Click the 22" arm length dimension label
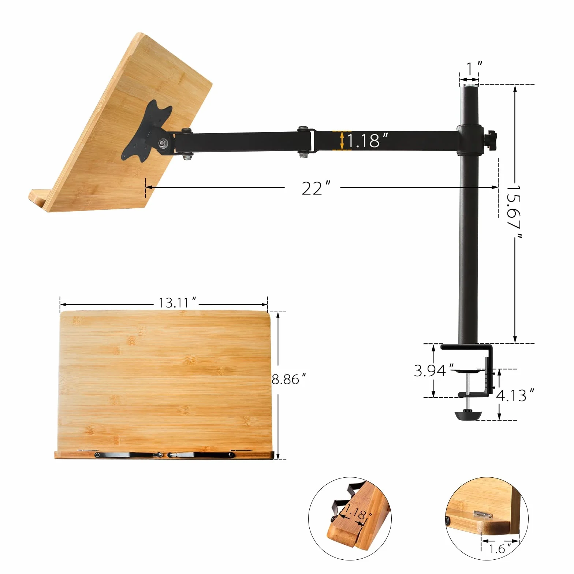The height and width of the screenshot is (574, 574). coord(316,188)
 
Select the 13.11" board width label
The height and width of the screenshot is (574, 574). coord(178,303)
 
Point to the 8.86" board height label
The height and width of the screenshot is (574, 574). coord(288,379)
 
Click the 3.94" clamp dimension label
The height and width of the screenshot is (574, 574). coord(434,370)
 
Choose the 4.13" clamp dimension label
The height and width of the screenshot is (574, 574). coord(515,395)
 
